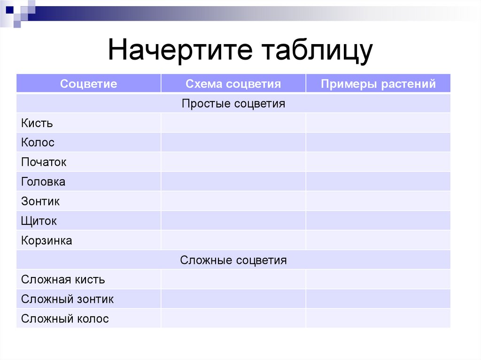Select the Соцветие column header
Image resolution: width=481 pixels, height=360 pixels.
[88, 84]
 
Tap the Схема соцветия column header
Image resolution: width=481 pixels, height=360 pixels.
[233, 84]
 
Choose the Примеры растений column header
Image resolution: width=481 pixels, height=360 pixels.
[378, 84]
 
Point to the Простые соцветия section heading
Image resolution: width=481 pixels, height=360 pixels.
[233, 103]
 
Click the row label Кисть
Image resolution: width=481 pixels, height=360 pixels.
[37, 123]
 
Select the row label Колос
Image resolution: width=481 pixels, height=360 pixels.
[38, 143]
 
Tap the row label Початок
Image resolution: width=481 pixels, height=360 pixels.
[44, 162]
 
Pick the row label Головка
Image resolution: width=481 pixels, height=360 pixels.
[43, 182]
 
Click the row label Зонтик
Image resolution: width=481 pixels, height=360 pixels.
[40, 201]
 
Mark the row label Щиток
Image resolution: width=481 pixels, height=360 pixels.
[39, 221]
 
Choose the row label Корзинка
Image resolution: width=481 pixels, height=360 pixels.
[47, 241]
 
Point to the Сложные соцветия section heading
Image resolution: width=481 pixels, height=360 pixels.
[233, 260]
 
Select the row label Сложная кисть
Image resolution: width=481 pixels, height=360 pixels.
[63, 280]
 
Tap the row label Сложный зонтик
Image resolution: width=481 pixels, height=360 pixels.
[67, 299]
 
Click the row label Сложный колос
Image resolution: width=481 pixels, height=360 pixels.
[65, 319]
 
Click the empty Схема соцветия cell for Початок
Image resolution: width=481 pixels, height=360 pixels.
[233, 162]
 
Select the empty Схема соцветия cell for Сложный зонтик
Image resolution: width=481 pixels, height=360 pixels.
[233, 299]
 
